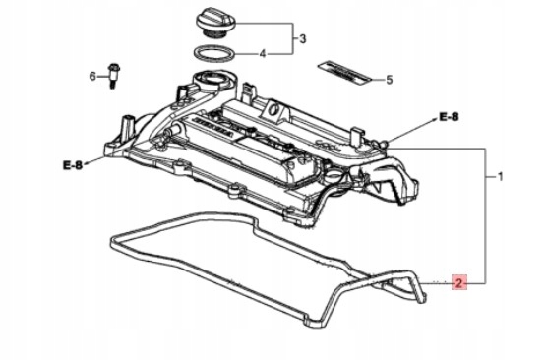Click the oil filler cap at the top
pyautogui.click(x=216, y=23)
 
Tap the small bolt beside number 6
pyautogui.click(x=112, y=76)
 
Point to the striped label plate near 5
pyautogui.click(x=344, y=73)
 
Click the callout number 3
pyautogui.click(x=303, y=38)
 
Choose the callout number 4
pyautogui.click(x=263, y=54)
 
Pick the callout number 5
pyautogui.click(x=389, y=80)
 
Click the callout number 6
pyautogui.click(x=92, y=76)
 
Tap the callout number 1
pyautogui.click(x=501, y=176)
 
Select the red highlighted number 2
pyautogui.click(x=459, y=282)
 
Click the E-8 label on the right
pyautogui.click(x=449, y=117)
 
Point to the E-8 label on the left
pyautogui.click(x=73, y=164)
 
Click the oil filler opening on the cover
pyautogui.click(x=210, y=78)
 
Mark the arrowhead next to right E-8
pyautogui.click(x=434, y=119)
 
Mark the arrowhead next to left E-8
pyautogui.click(x=87, y=162)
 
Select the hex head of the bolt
pyautogui.click(x=113, y=66)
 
